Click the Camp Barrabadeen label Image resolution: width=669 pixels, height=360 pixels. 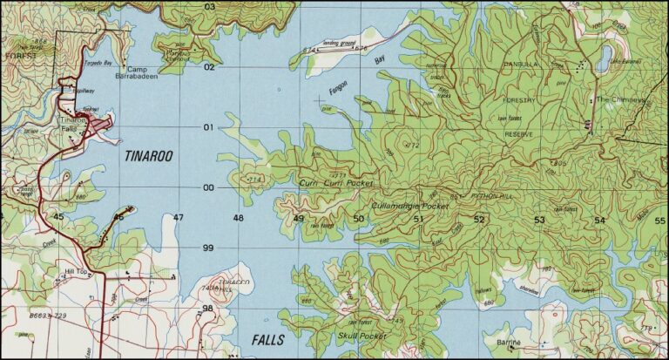[x=144, y=73]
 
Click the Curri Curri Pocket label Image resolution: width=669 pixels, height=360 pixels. [x=335, y=184]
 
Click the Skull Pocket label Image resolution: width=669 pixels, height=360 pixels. [x=361, y=336]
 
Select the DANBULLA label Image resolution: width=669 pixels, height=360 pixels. [x=522, y=65]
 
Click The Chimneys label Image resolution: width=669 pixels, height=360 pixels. [x=620, y=100]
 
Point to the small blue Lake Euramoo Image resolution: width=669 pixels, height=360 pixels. [x=605, y=58]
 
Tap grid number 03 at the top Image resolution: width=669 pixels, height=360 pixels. [x=209, y=7]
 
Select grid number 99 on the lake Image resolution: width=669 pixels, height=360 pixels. [x=208, y=248]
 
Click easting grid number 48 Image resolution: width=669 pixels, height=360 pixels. [x=238, y=218]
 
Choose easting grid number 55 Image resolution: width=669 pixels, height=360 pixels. [x=659, y=221]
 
